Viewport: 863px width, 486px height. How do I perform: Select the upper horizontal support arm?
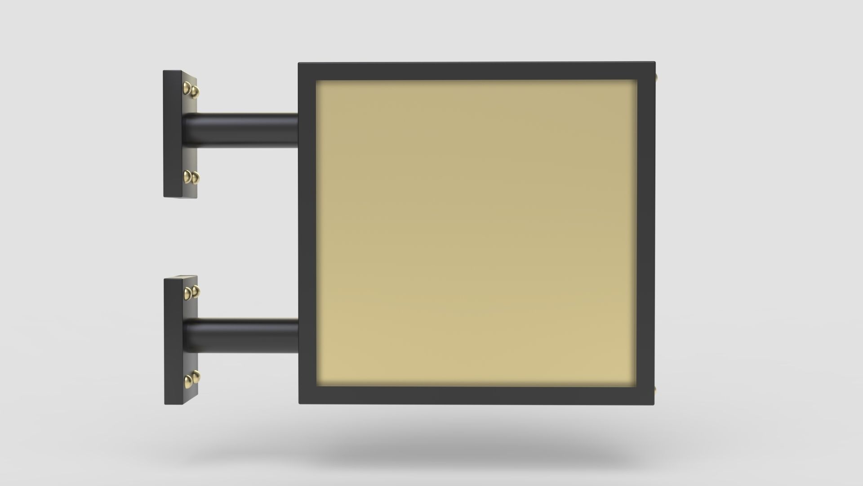point(243,129)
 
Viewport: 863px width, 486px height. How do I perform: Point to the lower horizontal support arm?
point(243,335)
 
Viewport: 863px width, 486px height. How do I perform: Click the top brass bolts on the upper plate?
point(191,90)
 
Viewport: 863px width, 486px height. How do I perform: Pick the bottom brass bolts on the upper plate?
point(191,177)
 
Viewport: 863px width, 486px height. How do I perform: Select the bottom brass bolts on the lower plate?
point(191,380)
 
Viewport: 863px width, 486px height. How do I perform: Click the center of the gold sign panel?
point(476,234)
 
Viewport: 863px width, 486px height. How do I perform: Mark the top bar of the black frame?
point(476,71)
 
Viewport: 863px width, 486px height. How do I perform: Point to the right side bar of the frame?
point(646,234)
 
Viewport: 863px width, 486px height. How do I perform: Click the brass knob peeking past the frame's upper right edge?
point(657,77)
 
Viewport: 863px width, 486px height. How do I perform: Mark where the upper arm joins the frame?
point(297,130)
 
